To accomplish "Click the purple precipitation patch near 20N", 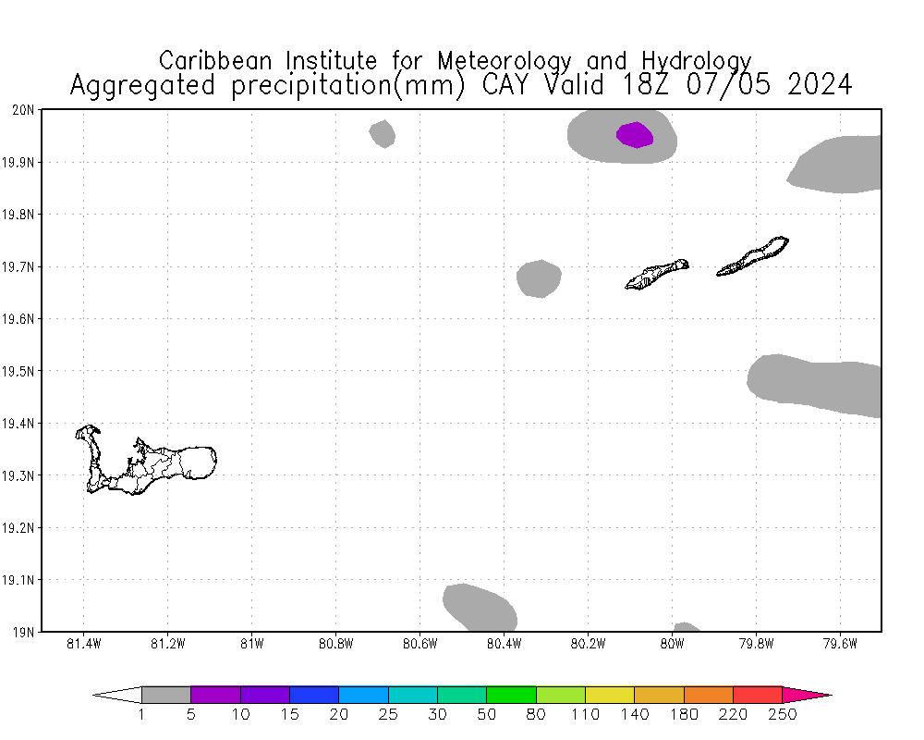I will tap(635, 135).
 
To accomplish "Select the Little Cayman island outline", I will tap(657, 274).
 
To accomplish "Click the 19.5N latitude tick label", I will tap(20, 372).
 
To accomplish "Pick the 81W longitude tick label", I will tap(251, 644).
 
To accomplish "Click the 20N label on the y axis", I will tap(23, 110).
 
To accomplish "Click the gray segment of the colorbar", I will tap(166, 695).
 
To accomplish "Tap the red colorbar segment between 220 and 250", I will tap(758, 695).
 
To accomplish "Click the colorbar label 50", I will tap(487, 714).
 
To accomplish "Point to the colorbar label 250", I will tap(783, 714).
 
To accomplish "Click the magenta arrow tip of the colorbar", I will tap(808, 695).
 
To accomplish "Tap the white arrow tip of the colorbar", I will tap(118, 695).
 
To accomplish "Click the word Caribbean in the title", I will tap(217, 61).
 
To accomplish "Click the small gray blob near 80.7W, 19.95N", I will tap(383, 134).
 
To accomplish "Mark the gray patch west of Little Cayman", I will tap(539, 278).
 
